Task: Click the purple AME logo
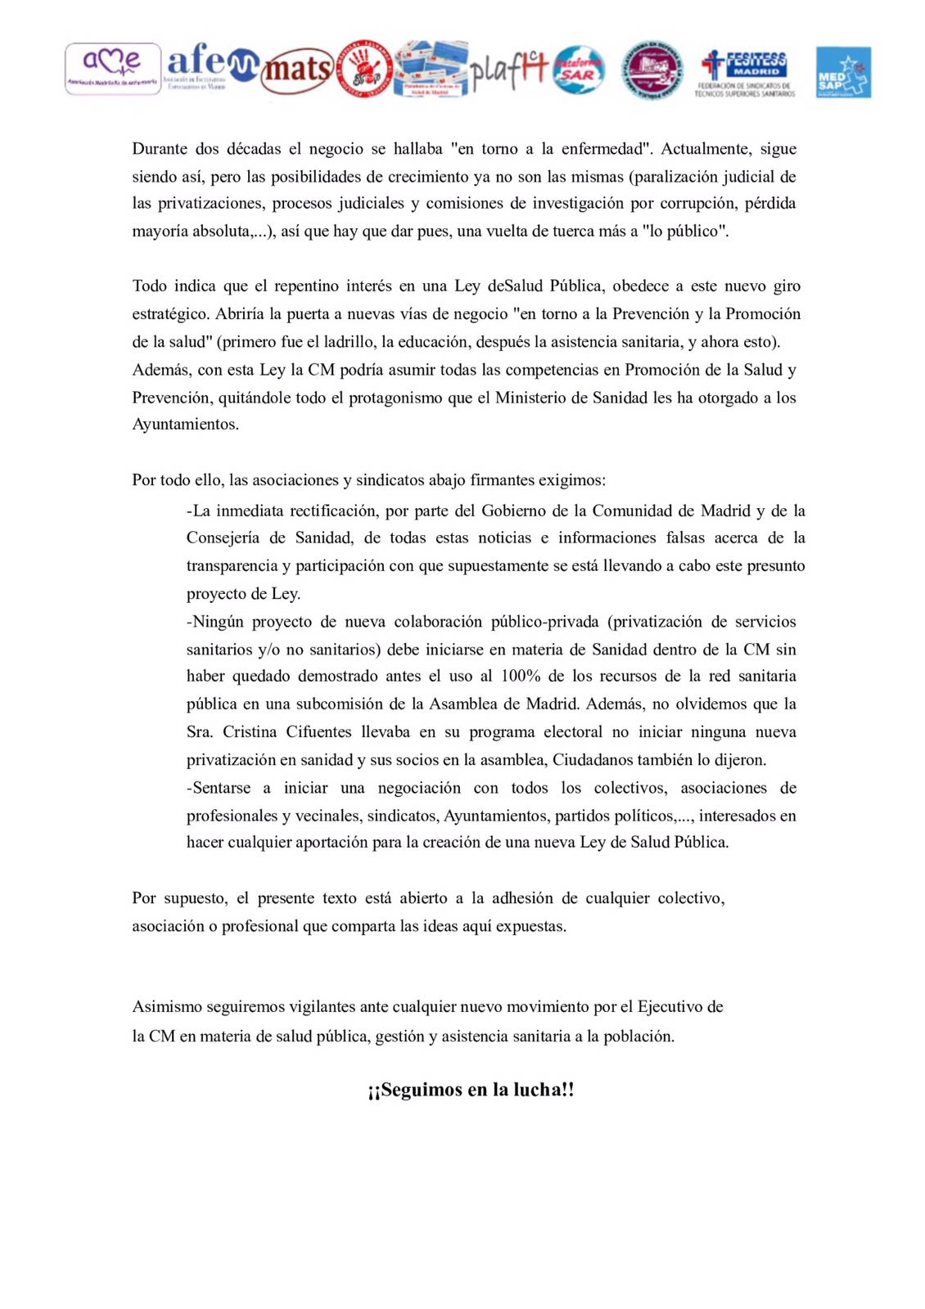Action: pos(113,69)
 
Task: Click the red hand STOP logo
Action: pos(365,70)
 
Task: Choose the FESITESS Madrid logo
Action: pos(745,72)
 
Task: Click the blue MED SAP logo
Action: pos(843,72)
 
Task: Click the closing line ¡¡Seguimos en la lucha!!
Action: pos(471,1090)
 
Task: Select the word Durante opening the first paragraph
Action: pos(160,149)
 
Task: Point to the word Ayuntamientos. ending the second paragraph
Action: pos(186,425)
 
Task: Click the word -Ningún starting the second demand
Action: pos(215,622)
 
